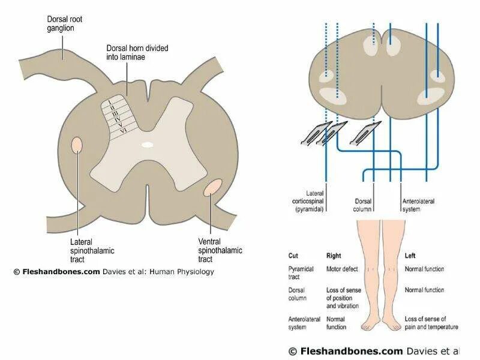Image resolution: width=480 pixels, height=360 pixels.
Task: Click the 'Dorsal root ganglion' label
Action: click(x=65, y=24)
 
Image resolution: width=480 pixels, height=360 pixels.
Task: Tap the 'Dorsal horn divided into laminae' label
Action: click(x=132, y=52)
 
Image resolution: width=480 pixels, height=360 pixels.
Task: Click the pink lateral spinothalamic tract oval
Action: click(x=77, y=145)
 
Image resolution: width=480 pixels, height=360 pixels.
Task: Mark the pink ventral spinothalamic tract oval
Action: click(x=212, y=188)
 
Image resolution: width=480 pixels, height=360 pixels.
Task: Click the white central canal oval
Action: click(x=147, y=144)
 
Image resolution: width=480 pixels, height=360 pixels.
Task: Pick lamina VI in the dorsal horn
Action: click(x=123, y=130)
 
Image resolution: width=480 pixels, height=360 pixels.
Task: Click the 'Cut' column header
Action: click(x=293, y=255)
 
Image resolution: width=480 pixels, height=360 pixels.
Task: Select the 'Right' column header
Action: click(x=333, y=255)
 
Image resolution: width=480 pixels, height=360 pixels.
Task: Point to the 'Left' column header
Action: click(x=410, y=255)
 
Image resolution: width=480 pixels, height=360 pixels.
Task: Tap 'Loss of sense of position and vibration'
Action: click(x=343, y=298)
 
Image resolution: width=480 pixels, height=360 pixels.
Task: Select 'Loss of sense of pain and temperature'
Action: click(x=431, y=323)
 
